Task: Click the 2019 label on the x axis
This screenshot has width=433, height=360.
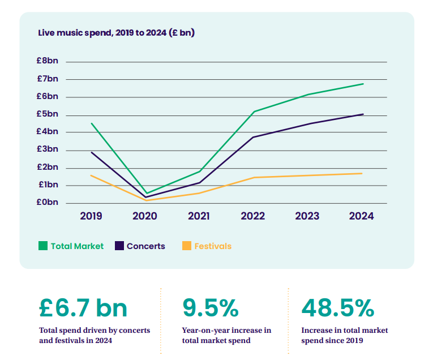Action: point(91,216)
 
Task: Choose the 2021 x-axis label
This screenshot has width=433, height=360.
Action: point(199,216)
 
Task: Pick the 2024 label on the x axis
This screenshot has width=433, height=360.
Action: point(362,216)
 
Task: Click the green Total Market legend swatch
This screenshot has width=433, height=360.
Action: point(43,246)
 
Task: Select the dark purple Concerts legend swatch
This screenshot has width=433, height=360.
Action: point(119,246)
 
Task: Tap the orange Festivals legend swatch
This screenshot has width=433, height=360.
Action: point(187,246)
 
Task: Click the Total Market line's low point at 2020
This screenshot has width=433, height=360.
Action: point(146,193)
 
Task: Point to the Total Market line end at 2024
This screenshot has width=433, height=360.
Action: point(363,84)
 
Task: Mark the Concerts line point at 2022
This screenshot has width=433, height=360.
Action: point(254,137)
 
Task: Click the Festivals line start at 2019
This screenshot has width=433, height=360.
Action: point(91,175)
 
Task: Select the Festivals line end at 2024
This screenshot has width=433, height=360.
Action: point(362,173)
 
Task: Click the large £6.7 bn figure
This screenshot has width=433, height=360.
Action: point(83,308)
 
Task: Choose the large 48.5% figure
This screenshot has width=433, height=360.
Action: point(337,308)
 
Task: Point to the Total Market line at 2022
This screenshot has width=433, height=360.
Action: point(254,112)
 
